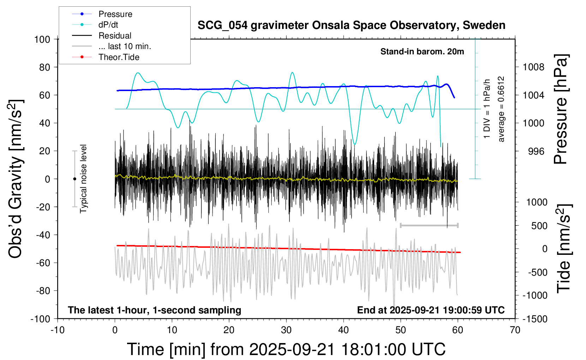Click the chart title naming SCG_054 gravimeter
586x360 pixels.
point(351,25)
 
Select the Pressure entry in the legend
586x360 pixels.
point(115,14)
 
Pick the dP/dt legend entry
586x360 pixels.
point(108,25)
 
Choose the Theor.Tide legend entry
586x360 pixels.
point(119,57)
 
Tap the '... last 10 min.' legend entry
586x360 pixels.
point(125,46)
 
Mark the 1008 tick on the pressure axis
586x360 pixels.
point(533,67)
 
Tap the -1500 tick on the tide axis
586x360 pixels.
point(535,319)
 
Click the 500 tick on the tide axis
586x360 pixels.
point(539,226)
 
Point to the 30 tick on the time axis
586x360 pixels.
point(286,330)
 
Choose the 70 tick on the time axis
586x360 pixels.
point(515,330)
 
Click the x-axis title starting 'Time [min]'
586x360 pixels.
point(286,349)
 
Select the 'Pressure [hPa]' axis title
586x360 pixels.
point(561,109)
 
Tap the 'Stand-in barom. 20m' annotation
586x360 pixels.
point(422,52)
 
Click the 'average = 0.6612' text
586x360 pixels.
point(501,109)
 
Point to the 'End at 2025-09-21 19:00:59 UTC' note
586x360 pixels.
point(431,310)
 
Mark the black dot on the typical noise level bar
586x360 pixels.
point(74,179)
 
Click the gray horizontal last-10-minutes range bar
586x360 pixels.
point(429,225)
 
